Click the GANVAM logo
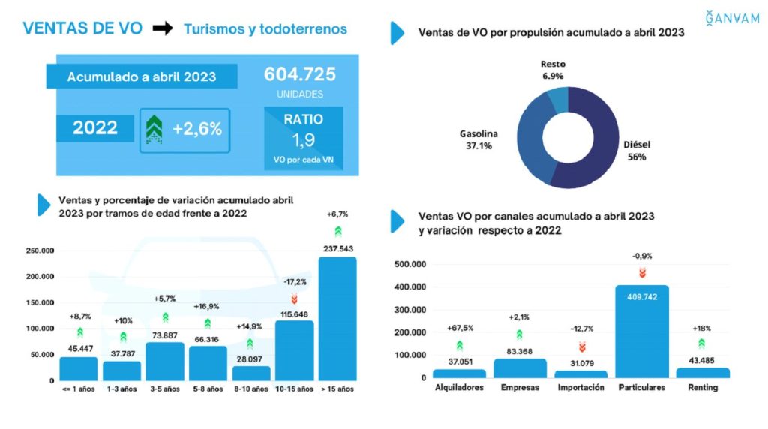pos(732,18)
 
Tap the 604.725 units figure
pos(299,75)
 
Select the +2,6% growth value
pos(197,129)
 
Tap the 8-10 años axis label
pos(250,388)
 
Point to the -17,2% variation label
pos(294,282)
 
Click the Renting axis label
pos(702,388)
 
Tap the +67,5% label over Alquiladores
pos(459,328)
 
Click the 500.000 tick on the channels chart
pos(410,264)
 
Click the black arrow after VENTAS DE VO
pos(162,29)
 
